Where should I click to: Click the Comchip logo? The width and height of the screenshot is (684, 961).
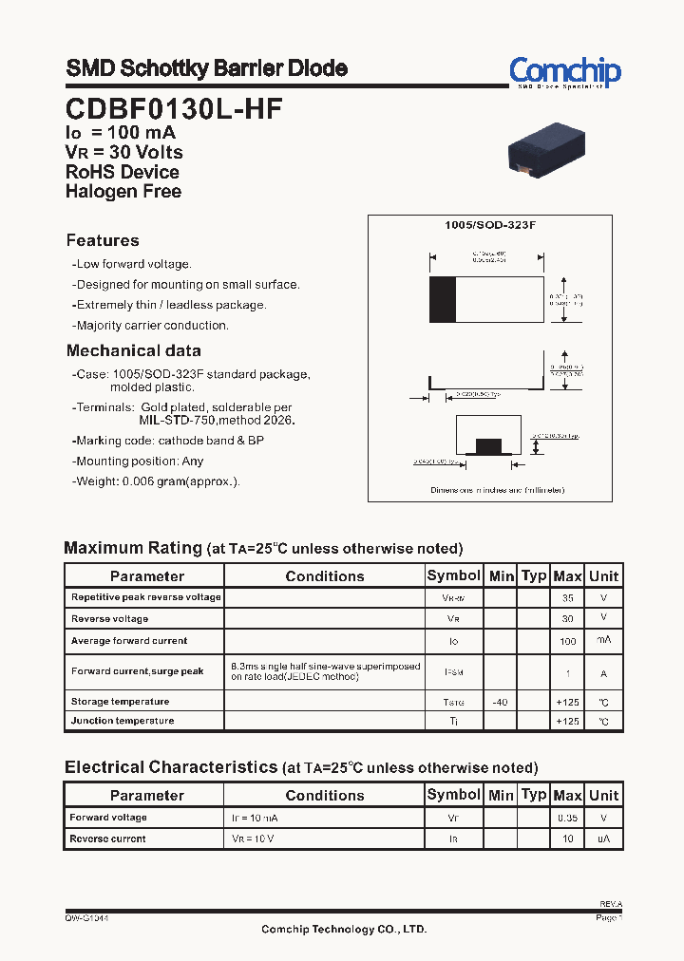[x=564, y=71]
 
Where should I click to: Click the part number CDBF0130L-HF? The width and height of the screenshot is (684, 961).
[x=174, y=109]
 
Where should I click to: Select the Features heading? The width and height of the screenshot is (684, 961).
[x=103, y=241]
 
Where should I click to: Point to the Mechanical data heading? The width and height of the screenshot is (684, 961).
[x=133, y=350]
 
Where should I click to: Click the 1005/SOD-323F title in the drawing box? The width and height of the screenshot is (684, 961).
[x=490, y=225]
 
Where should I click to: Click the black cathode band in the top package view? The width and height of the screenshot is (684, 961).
[x=442, y=300]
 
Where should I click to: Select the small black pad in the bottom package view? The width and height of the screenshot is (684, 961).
[x=488, y=445]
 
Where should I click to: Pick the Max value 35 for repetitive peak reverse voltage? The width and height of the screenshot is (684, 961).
[x=568, y=598]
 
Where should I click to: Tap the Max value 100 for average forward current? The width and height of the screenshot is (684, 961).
[x=568, y=642]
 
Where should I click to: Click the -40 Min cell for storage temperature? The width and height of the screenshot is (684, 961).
[x=500, y=702]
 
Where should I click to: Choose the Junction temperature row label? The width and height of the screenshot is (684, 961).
[x=123, y=721]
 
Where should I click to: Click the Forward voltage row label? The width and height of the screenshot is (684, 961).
[x=108, y=818]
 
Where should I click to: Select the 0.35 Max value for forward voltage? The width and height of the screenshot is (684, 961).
[x=568, y=818]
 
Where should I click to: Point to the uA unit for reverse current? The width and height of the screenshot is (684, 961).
[x=603, y=839]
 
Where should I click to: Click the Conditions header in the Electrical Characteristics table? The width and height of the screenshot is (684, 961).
[x=325, y=795]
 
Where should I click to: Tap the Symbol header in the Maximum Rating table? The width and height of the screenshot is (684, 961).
[x=454, y=575]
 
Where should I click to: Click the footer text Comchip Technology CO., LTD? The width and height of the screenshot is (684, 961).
[x=344, y=930]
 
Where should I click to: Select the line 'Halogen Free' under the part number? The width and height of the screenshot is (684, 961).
[x=123, y=191]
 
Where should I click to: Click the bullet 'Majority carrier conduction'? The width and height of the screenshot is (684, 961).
[x=152, y=326]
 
